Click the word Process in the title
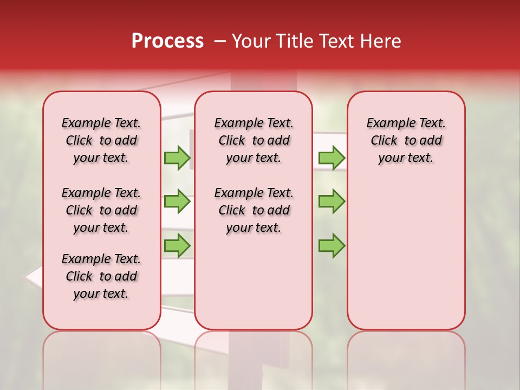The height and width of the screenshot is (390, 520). (167, 41)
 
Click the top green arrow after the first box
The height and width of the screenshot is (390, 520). (177, 158)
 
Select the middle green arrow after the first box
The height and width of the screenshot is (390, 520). (177, 201)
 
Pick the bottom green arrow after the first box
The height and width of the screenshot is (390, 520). (177, 245)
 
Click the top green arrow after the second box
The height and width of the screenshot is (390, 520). (331, 158)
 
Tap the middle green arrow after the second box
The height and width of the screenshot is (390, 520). (331, 201)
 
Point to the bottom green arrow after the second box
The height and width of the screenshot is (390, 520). (331, 246)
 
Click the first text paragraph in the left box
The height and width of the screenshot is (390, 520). (101, 140)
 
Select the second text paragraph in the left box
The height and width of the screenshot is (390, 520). (101, 210)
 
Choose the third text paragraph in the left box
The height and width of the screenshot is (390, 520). (101, 276)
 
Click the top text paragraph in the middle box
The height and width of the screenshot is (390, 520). (253, 140)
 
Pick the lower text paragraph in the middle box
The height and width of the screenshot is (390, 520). (253, 210)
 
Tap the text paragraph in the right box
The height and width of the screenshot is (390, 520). (406, 140)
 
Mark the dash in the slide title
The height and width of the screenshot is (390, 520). (219, 41)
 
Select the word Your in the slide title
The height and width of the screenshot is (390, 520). (251, 41)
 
